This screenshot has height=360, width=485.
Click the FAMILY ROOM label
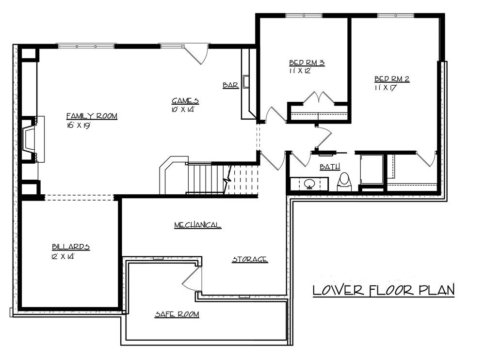click(x=92, y=116)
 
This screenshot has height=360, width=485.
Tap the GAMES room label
click(x=185, y=101)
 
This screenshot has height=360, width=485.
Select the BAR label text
click(x=230, y=85)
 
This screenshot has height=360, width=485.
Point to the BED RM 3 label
click(x=307, y=63)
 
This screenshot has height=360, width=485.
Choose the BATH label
click(x=330, y=167)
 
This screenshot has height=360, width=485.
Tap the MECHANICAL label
click(x=197, y=225)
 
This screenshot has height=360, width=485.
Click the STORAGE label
click(x=250, y=260)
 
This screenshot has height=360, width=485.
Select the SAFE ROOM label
click(x=177, y=314)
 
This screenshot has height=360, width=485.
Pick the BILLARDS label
click(x=71, y=247)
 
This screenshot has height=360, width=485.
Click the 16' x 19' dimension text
click(x=79, y=125)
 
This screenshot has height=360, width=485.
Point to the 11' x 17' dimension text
click(x=386, y=88)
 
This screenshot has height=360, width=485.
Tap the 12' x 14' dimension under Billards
click(x=63, y=256)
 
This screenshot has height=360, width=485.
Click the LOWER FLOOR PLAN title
click(x=383, y=290)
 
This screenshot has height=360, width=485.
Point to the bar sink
click(x=246, y=82)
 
